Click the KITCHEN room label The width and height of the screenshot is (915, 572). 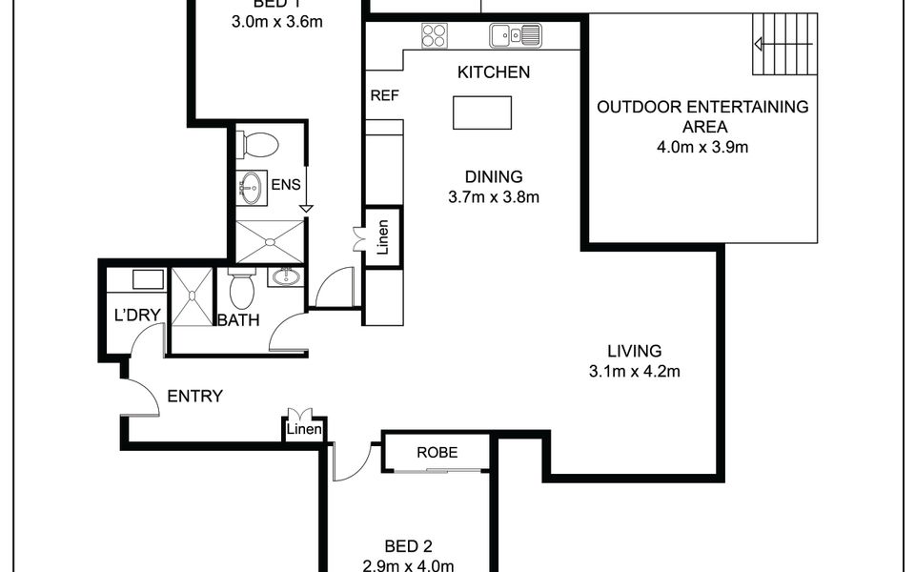(494, 72)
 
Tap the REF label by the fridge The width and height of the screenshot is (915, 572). (383, 94)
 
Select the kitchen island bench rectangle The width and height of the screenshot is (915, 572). (481, 112)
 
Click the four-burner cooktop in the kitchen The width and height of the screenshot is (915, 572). (435, 35)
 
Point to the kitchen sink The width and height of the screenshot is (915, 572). (515, 36)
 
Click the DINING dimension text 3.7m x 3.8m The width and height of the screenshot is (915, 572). (494, 198)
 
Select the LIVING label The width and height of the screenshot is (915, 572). (635, 350)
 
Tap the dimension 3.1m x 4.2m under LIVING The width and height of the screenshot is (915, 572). (635, 372)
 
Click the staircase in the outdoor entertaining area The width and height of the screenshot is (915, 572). (785, 45)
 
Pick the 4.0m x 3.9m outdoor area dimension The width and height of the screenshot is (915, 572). (702, 148)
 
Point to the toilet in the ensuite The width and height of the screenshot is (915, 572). (258, 146)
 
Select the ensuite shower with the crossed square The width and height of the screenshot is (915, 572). (270, 241)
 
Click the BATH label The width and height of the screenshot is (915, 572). (238, 320)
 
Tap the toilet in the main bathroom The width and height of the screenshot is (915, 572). (241, 287)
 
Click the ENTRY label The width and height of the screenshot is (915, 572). (194, 397)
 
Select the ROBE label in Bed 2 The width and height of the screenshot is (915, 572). (437, 453)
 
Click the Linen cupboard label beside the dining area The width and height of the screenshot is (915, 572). (383, 238)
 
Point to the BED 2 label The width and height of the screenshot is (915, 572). (409, 546)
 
